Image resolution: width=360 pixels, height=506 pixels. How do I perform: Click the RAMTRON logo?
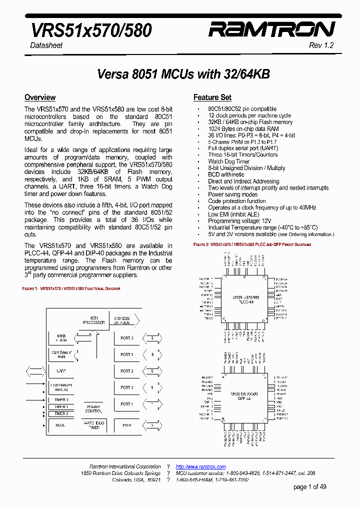271,29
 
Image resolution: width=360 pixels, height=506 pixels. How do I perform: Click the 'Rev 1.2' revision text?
321,45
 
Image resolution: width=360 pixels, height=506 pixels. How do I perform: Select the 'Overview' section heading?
40,97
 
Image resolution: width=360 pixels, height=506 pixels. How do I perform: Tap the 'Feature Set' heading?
212,97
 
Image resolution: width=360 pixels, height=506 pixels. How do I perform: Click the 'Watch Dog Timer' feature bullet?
229,161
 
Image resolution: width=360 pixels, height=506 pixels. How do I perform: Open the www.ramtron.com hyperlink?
200,466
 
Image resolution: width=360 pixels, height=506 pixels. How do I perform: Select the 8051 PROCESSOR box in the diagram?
93,320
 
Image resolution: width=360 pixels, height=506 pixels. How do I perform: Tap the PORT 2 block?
126,371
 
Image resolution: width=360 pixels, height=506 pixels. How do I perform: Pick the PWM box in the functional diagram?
126,425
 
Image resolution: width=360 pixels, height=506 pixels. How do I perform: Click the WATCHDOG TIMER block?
93,425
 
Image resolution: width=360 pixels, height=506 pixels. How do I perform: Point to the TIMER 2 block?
61,413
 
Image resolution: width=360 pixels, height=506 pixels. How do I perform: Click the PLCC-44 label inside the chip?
245,302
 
